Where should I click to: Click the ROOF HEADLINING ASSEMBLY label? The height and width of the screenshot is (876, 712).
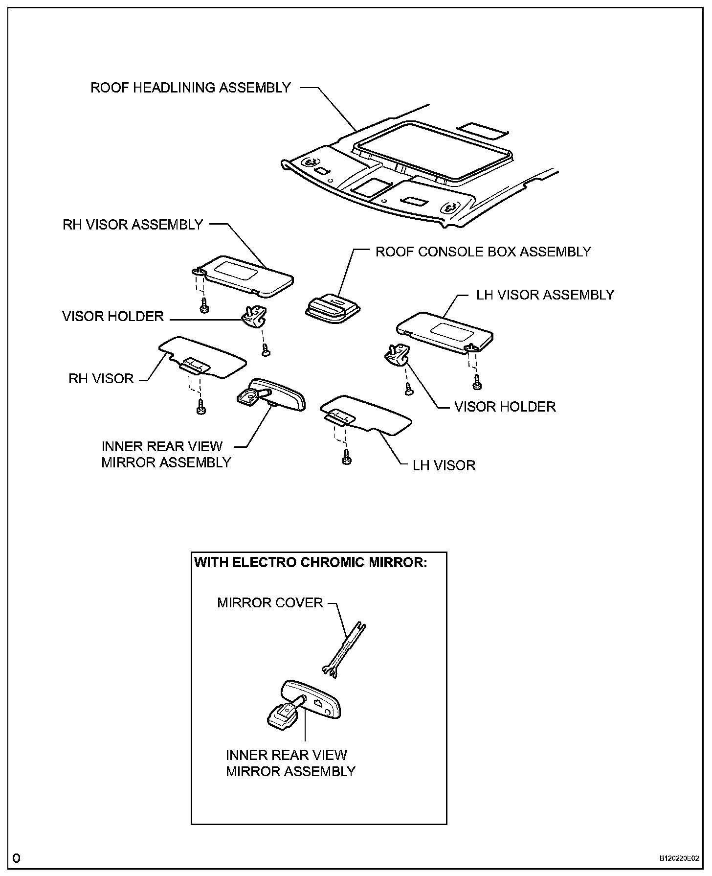click(x=191, y=88)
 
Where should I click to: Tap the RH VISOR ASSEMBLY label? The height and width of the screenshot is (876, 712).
click(x=133, y=225)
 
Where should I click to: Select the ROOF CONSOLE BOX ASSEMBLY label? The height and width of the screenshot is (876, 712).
click(x=483, y=252)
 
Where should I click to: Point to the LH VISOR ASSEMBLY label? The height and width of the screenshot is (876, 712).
click(x=545, y=295)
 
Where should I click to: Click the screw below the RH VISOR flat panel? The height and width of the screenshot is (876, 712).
click(x=200, y=406)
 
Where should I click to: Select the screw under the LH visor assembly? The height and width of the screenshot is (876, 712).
click(x=476, y=382)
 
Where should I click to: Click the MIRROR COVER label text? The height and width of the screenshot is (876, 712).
click(x=270, y=602)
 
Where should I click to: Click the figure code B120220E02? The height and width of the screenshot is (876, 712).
click(x=679, y=858)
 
